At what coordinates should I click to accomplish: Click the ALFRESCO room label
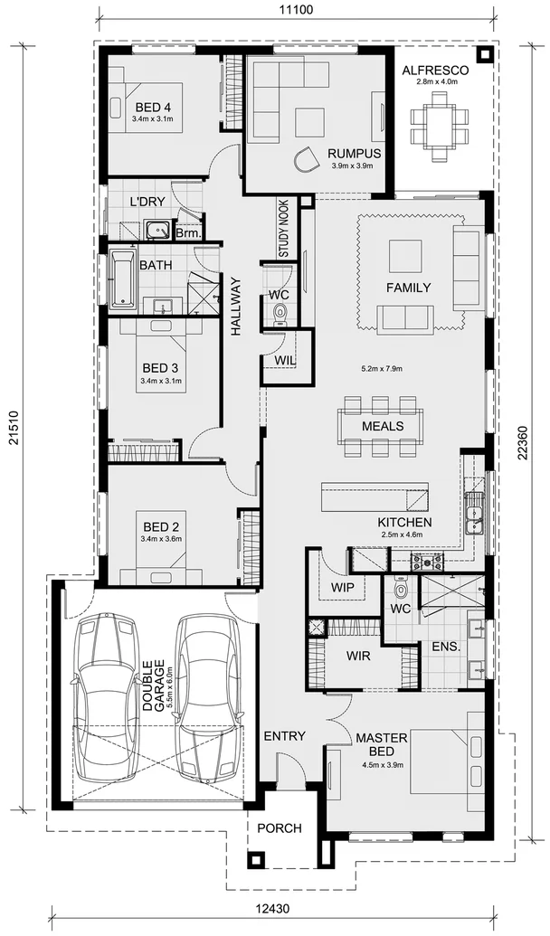[x=433, y=70]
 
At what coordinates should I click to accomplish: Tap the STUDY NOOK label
[x=282, y=231]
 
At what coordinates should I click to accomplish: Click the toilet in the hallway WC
[x=280, y=312]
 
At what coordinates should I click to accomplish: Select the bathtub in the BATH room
[x=122, y=279]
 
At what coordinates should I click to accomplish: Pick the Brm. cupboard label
[x=188, y=233]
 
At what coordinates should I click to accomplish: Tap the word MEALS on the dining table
[x=382, y=426]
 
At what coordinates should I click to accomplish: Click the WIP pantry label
[x=341, y=586]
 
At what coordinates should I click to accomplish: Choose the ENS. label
[x=446, y=648]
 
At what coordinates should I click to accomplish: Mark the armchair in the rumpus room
[x=307, y=160]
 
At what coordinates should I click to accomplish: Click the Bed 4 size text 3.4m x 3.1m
[x=151, y=118]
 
